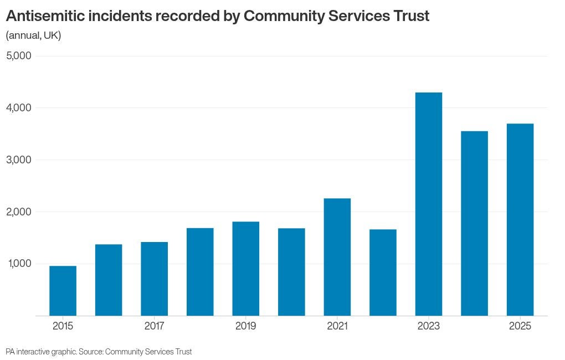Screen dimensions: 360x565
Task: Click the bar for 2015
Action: point(63,291)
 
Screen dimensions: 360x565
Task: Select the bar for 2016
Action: point(109,280)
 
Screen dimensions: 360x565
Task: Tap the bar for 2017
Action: point(155,279)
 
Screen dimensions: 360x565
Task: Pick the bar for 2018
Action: point(200,271)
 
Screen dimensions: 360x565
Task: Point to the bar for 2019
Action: point(246,269)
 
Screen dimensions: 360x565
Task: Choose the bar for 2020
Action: point(291,271)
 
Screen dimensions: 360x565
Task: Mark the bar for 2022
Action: point(383,272)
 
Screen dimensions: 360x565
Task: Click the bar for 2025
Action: point(520,219)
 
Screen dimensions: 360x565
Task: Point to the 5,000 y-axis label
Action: point(19,56)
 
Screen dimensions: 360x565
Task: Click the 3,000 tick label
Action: point(19,160)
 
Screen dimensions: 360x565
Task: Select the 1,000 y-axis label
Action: point(19,264)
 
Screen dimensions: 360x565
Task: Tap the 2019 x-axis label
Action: point(246,326)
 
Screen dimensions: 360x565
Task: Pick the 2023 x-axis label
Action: point(429,326)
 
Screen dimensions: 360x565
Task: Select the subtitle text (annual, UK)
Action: point(33,35)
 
